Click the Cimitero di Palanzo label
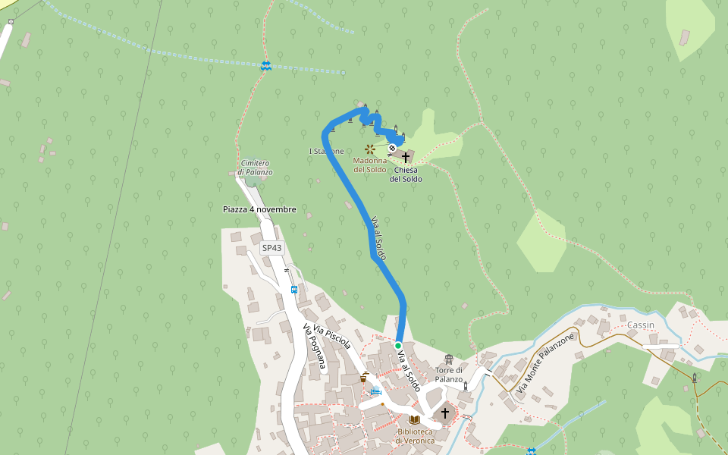click(255, 168)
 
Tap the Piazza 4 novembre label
click(259, 209)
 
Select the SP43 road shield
click(271, 248)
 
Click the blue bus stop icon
click(293, 289)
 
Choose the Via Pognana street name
click(314, 346)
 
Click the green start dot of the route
click(398, 345)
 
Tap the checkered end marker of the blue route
click(392, 148)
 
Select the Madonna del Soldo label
click(370, 165)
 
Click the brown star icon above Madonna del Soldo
click(369, 149)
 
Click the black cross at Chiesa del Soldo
click(406, 157)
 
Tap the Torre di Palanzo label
click(449, 375)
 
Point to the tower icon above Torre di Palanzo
click(449, 359)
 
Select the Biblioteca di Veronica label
click(415, 436)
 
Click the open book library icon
click(414, 419)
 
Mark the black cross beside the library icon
click(444, 413)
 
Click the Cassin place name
click(641, 325)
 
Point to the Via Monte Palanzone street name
click(545, 362)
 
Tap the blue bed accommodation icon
click(375, 391)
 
